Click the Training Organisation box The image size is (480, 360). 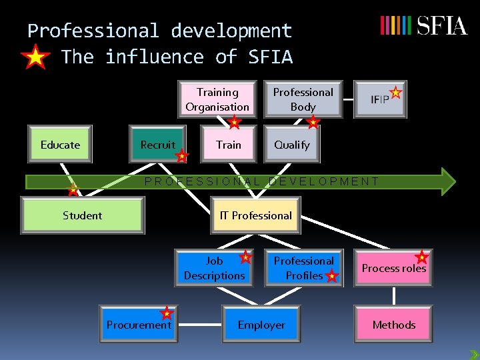click(x=217, y=99)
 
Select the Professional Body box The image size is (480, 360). click(x=303, y=99)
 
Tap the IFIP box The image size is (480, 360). click(x=379, y=99)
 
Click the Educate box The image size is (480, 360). click(x=60, y=145)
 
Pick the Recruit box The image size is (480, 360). click(x=158, y=145)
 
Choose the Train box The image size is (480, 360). click(x=229, y=145)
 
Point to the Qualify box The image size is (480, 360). click(x=292, y=145)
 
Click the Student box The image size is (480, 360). click(x=83, y=215)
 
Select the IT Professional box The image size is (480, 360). click(x=256, y=215)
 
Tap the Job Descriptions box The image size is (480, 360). click(x=215, y=268)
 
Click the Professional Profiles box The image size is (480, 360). click(x=303, y=268)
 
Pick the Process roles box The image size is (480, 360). click(x=393, y=268)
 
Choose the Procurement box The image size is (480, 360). click(x=139, y=325)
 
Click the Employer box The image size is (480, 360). click(x=261, y=325)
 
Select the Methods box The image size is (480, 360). click(x=393, y=325)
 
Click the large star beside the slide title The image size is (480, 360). click(x=35, y=57)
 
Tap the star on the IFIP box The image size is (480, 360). click(x=396, y=93)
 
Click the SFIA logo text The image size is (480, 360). click(x=442, y=26)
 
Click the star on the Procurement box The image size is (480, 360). click(x=167, y=313)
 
